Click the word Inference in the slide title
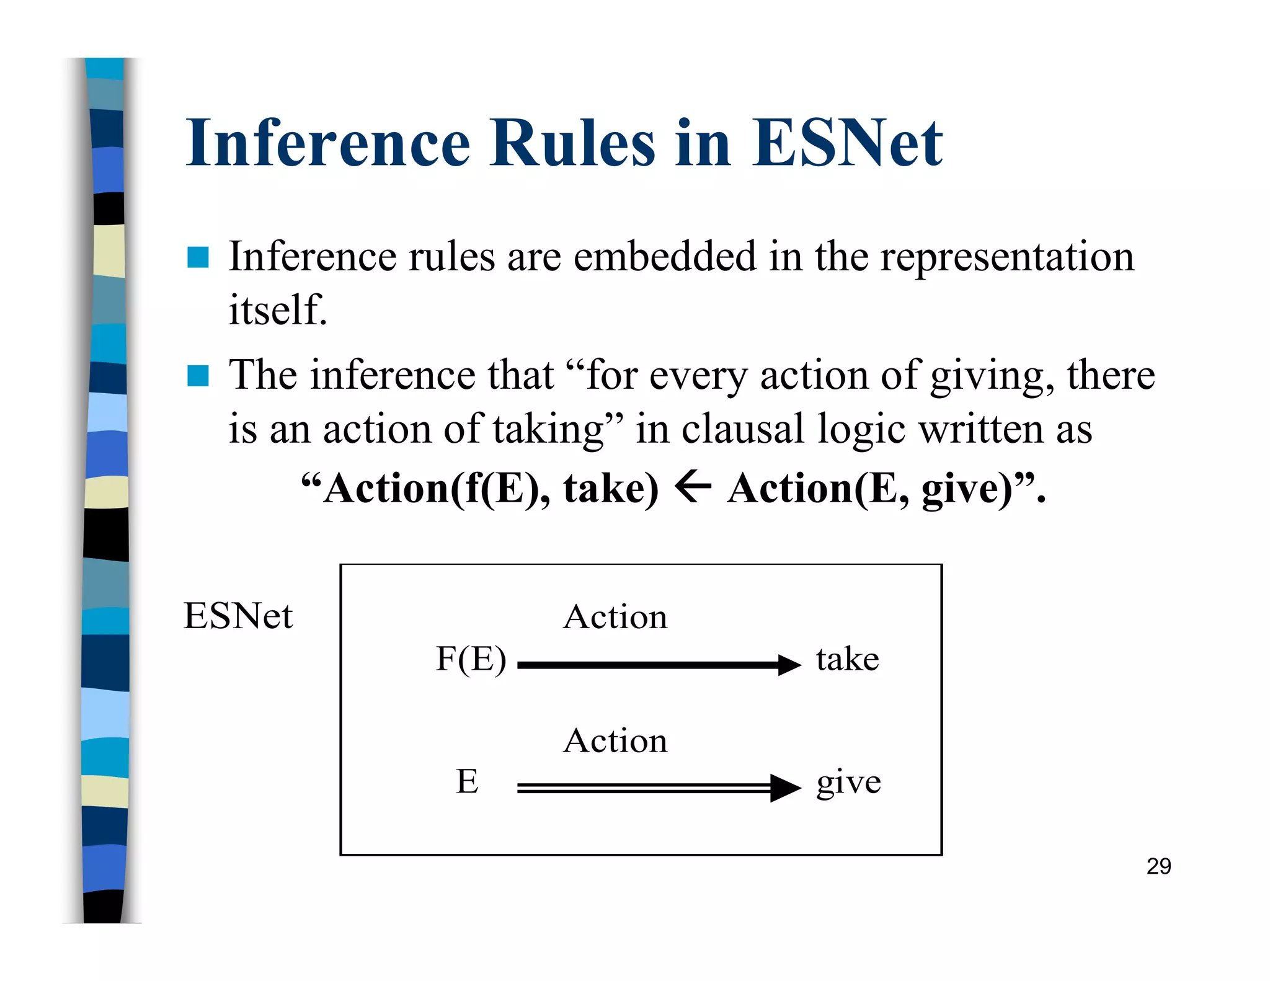click(x=328, y=144)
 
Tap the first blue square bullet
click(x=198, y=257)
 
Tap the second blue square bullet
click(x=198, y=376)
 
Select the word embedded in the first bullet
click(x=664, y=256)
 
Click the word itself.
click(x=277, y=309)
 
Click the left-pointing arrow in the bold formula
click(x=693, y=487)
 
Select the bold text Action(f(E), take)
click(x=490, y=489)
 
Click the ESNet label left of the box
click(x=238, y=616)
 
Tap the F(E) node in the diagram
click(x=471, y=659)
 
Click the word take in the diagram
click(x=847, y=659)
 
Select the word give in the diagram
click(x=848, y=783)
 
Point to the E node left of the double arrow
click(x=467, y=781)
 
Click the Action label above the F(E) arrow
click(x=615, y=617)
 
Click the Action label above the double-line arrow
click(x=615, y=740)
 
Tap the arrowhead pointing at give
click(x=784, y=788)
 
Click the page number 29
click(x=1158, y=866)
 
